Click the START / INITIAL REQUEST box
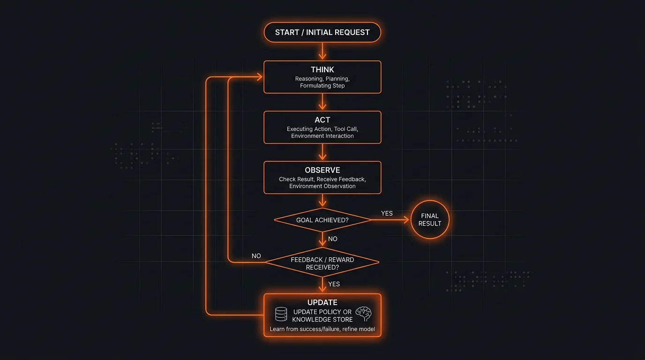point(322,32)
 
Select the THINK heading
point(322,70)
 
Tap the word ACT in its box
point(322,120)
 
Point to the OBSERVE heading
point(322,170)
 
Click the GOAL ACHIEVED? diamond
point(322,220)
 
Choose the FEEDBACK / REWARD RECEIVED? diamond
point(322,263)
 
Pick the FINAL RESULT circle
point(429,220)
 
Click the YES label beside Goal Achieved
point(387,213)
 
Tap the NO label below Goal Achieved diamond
point(332,239)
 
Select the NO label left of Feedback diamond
point(256,256)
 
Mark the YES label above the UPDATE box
point(334,284)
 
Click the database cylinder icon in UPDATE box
point(281,314)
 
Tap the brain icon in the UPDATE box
point(364,314)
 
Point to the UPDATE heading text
point(322,303)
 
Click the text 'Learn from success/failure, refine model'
point(322,329)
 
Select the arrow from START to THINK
point(322,51)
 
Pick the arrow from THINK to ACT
point(322,102)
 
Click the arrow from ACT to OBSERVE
point(322,152)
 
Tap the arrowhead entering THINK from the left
point(259,77)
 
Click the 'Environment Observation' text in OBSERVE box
point(322,186)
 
